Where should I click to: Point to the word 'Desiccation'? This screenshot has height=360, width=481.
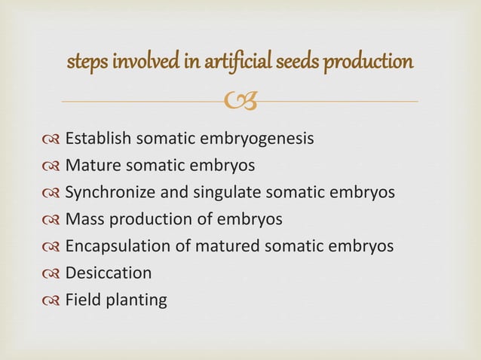click(109, 273)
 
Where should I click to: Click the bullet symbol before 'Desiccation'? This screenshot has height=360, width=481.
click(53, 273)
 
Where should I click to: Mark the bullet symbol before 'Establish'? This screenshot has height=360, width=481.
click(53, 139)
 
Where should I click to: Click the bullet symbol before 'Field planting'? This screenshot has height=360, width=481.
click(53, 301)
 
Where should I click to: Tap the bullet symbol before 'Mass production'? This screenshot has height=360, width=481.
click(53, 220)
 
